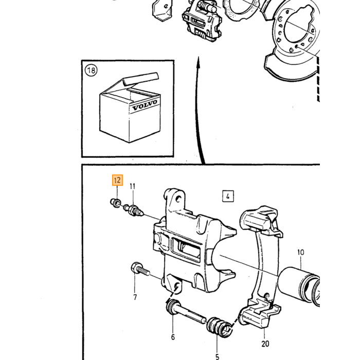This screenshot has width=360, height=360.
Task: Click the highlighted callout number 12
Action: pos(117,180)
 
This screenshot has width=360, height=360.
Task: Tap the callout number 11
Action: pos(133,186)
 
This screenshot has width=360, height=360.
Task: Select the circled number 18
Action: pos(91,70)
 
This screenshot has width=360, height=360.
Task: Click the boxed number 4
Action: pos(228,196)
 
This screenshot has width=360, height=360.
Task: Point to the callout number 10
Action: pos(300,253)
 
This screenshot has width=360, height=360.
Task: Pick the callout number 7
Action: pos(135,297)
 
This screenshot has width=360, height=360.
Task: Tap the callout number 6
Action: pos(173,337)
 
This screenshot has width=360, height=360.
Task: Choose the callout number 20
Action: pos(265,344)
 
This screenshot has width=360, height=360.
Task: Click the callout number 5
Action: pos(217,356)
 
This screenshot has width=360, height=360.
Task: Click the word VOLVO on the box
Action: pos(145,105)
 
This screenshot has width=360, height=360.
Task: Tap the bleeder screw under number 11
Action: pos(134,210)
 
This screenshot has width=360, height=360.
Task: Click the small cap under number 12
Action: pos(115,203)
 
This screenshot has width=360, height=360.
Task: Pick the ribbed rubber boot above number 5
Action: pos(219,327)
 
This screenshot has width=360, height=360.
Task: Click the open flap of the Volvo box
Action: pos(140,80)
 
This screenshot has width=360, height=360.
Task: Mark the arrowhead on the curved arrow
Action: pos(199,63)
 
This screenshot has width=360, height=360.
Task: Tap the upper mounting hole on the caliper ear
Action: pos(178,199)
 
